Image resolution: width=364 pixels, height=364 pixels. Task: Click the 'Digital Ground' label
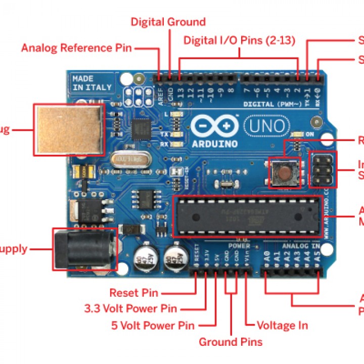(x=168, y=22)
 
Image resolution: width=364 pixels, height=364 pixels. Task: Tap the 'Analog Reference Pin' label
(x=76, y=48)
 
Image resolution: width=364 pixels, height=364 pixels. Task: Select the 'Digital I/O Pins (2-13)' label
(x=239, y=40)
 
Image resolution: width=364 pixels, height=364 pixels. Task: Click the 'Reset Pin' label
(x=134, y=293)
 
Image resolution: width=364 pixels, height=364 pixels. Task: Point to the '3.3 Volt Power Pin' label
(x=130, y=308)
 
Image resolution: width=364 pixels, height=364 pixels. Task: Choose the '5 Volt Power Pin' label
(x=153, y=325)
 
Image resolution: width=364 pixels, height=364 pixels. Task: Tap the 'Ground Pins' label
(x=231, y=342)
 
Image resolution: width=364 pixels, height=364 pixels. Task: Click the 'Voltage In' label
(x=282, y=325)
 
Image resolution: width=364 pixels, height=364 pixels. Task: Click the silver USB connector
(x=68, y=129)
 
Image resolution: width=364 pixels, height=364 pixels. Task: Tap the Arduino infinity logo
(x=215, y=125)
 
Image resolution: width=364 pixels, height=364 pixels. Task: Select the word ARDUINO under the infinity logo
(x=215, y=143)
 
